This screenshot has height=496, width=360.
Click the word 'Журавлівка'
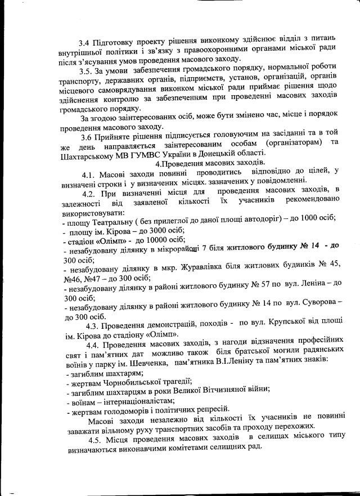(x=212, y=269)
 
